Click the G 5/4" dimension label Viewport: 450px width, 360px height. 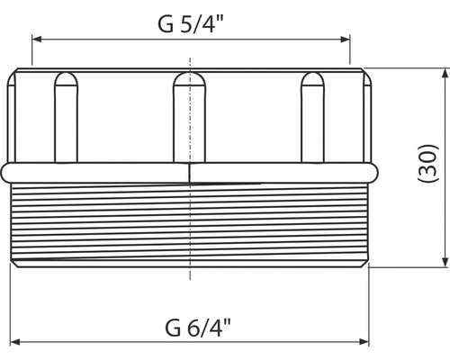(x=191, y=24)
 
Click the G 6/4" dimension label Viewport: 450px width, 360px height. (x=198, y=328)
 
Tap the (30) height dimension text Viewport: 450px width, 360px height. (x=428, y=163)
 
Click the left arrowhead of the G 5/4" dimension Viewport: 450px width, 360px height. (x=37, y=40)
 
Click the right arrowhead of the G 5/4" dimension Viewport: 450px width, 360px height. (x=346, y=40)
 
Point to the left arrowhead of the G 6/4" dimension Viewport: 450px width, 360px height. (x=15, y=342)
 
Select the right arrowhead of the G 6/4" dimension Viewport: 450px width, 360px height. (x=364, y=342)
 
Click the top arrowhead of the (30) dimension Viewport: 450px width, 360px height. (x=445, y=73)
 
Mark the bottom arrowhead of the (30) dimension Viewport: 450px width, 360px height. (x=445, y=262)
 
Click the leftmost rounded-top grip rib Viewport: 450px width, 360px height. (x=66, y=117)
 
